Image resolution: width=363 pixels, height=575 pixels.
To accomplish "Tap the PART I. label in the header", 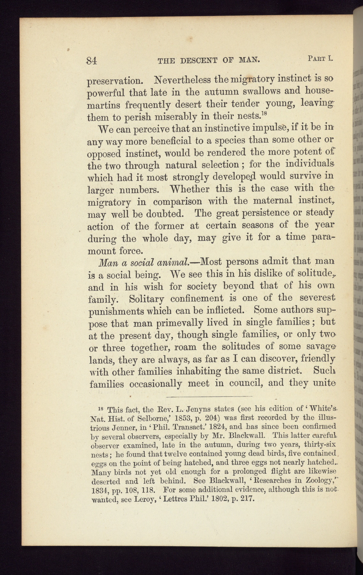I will pos(321,58).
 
